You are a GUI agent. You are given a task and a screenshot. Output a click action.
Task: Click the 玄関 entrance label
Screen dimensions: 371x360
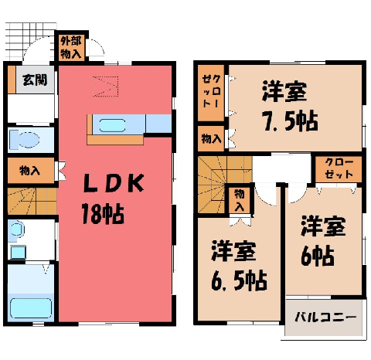click(35, 80)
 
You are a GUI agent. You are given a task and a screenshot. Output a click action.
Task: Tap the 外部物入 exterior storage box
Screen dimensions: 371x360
click(71, 48)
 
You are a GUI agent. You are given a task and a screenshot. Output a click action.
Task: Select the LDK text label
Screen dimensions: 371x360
click(114, 183)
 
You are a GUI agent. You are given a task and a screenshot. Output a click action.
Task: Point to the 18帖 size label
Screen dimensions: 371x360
click(103, 214)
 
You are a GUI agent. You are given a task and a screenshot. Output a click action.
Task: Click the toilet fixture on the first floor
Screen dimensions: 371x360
click(24, 141)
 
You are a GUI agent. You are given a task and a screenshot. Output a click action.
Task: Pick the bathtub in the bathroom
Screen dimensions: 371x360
click(31, 308)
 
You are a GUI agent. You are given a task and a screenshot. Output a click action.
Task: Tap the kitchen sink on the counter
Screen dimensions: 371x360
click(112, 125)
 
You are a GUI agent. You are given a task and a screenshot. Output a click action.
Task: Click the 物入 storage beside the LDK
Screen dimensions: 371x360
click(31, 171)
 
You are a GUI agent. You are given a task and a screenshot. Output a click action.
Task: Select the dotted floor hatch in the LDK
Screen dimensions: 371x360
click(105, 87)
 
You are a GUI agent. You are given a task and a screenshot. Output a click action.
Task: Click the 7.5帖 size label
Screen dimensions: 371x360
click(290, 121)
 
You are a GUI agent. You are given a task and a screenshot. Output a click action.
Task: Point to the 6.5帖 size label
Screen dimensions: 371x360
click(239, 280)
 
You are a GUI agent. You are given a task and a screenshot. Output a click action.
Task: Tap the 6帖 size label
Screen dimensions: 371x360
click(318, 256)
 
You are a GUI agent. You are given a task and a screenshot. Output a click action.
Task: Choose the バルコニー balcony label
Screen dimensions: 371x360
click(326, 317)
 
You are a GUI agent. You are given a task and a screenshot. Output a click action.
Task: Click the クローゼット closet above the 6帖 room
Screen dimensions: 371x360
click(339, 169)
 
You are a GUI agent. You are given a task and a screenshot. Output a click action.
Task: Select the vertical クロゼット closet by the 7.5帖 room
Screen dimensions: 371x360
click(211, 93)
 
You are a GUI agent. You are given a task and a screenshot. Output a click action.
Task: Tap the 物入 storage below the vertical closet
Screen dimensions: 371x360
click(211, 138)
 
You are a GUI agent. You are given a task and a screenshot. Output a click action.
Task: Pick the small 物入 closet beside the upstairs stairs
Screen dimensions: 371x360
click(240, 200)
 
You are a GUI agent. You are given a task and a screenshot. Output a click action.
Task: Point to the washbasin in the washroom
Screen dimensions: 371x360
click(16, 229)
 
